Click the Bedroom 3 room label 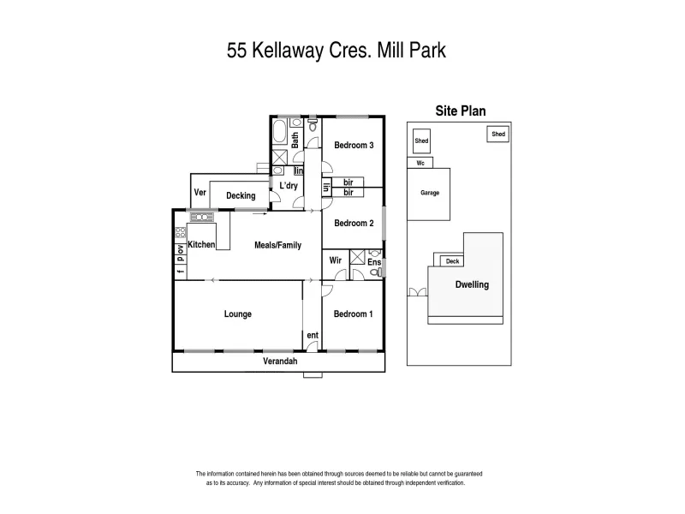point(354,145)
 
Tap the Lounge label point(238,314)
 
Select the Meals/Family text point(277,245)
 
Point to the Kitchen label point(201,244)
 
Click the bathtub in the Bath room point(279,131)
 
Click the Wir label point(335,260)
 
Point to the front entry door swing point(312,346)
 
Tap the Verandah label point(280,361)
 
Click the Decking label point(241,196)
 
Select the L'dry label point(289,185)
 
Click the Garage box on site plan point(429,194)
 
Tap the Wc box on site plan point(420,163)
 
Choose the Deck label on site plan point(453,261)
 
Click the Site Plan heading point(461,111)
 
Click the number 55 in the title point(237,51)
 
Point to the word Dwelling point(472,284)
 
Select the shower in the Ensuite point(357,257)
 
